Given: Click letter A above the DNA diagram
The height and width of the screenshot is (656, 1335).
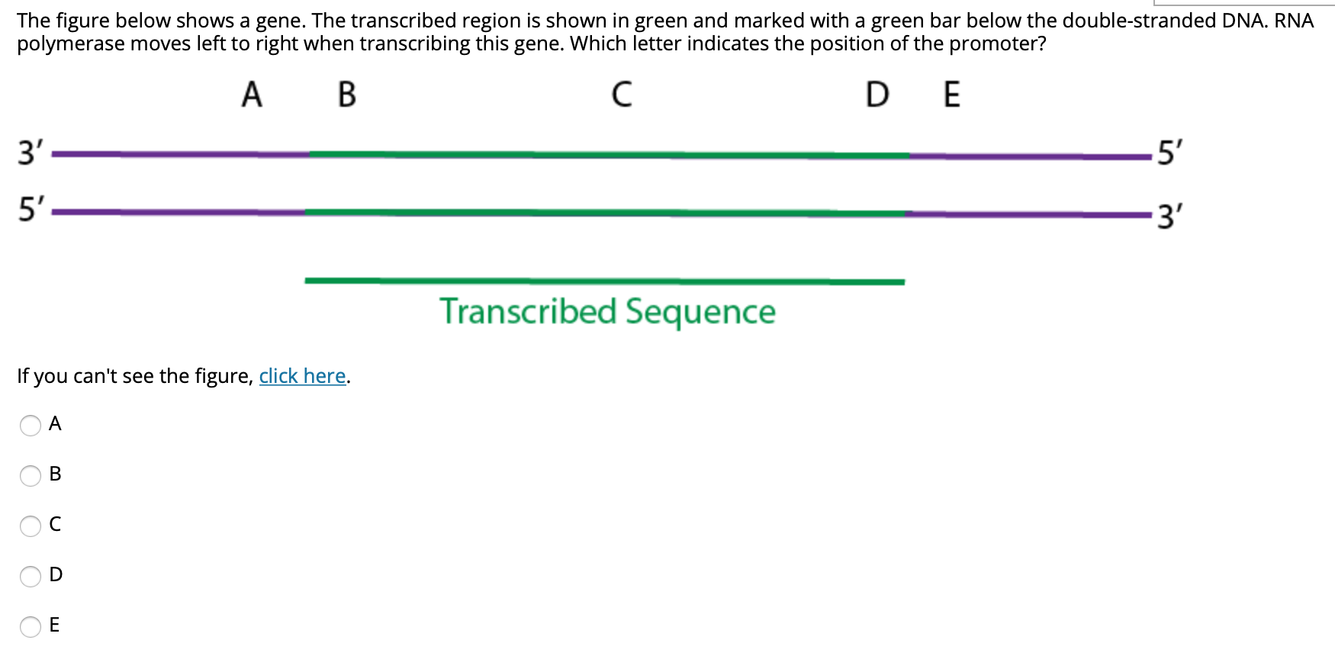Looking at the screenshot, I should pos(252,95).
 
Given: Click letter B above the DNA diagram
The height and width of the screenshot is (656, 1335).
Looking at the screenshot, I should pos(346,95).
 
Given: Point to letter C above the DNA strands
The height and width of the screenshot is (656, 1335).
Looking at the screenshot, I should pos(622,95).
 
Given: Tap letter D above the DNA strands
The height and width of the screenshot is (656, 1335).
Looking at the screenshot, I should pos(877,95).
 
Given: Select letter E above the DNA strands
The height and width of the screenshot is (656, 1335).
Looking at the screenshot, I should pos(951,95).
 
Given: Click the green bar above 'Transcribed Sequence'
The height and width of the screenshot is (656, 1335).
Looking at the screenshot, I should pos(604,281).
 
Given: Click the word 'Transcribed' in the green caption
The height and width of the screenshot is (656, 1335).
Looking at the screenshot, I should pos(528,312).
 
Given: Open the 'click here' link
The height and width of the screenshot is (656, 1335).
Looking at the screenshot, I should pos(303,376).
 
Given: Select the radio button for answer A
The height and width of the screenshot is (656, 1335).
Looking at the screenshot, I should pos(31,425).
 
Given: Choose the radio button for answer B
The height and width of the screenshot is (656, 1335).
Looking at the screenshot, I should pos(31,475).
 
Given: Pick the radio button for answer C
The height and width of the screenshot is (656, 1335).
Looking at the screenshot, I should pos(31,526).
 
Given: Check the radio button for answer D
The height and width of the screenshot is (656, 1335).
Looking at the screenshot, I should pos(31,576).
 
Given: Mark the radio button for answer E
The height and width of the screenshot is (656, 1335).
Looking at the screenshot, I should pos(31,626).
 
